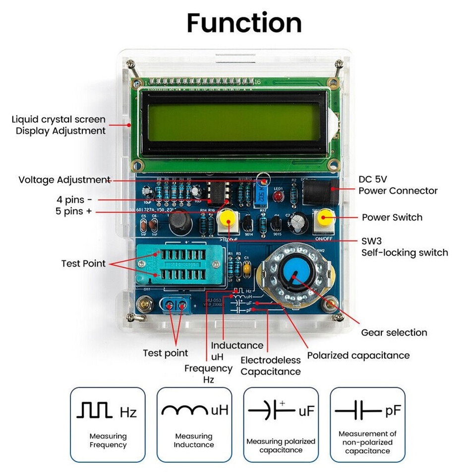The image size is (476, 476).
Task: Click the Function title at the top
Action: click(x=244, y=23)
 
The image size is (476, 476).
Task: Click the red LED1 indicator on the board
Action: click(x=279, y=197)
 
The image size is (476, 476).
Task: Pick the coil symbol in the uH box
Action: click(x=184, y=410)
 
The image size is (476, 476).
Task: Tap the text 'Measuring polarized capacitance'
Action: click(x=281, y=445)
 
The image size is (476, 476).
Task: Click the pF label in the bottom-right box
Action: click(x=392, y=411)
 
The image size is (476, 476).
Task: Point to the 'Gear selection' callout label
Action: click(x=394, y=333)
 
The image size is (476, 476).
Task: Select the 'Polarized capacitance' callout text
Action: click(x=358, y=356)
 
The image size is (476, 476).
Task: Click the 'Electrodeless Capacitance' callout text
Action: click(x=271, y=366)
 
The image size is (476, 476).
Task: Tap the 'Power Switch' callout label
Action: click(x=392, y=217)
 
